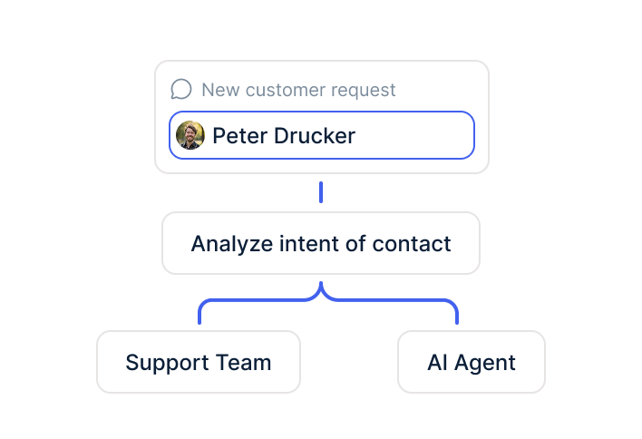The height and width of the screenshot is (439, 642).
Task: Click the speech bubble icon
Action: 181,89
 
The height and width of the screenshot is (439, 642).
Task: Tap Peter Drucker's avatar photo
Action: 190,135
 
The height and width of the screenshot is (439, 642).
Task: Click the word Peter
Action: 239,135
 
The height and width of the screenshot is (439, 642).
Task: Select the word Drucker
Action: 315,135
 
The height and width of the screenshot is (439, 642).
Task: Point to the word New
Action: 220,90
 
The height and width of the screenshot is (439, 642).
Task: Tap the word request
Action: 364,91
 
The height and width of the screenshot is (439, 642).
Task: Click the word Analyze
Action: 232,244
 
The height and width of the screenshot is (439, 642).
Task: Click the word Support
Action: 167,363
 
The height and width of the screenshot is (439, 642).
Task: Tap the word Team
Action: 243,363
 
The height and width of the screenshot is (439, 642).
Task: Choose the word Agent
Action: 485,363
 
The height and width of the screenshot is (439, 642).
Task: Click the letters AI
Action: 437,363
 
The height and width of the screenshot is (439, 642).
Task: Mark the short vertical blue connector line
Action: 321,192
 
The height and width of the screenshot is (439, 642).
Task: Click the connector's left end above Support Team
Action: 199,323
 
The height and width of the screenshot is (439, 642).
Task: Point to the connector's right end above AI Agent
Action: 457,323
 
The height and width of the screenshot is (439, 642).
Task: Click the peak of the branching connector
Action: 321,283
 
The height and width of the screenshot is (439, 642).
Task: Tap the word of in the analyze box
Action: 355,244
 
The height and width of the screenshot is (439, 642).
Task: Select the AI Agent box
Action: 472,362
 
